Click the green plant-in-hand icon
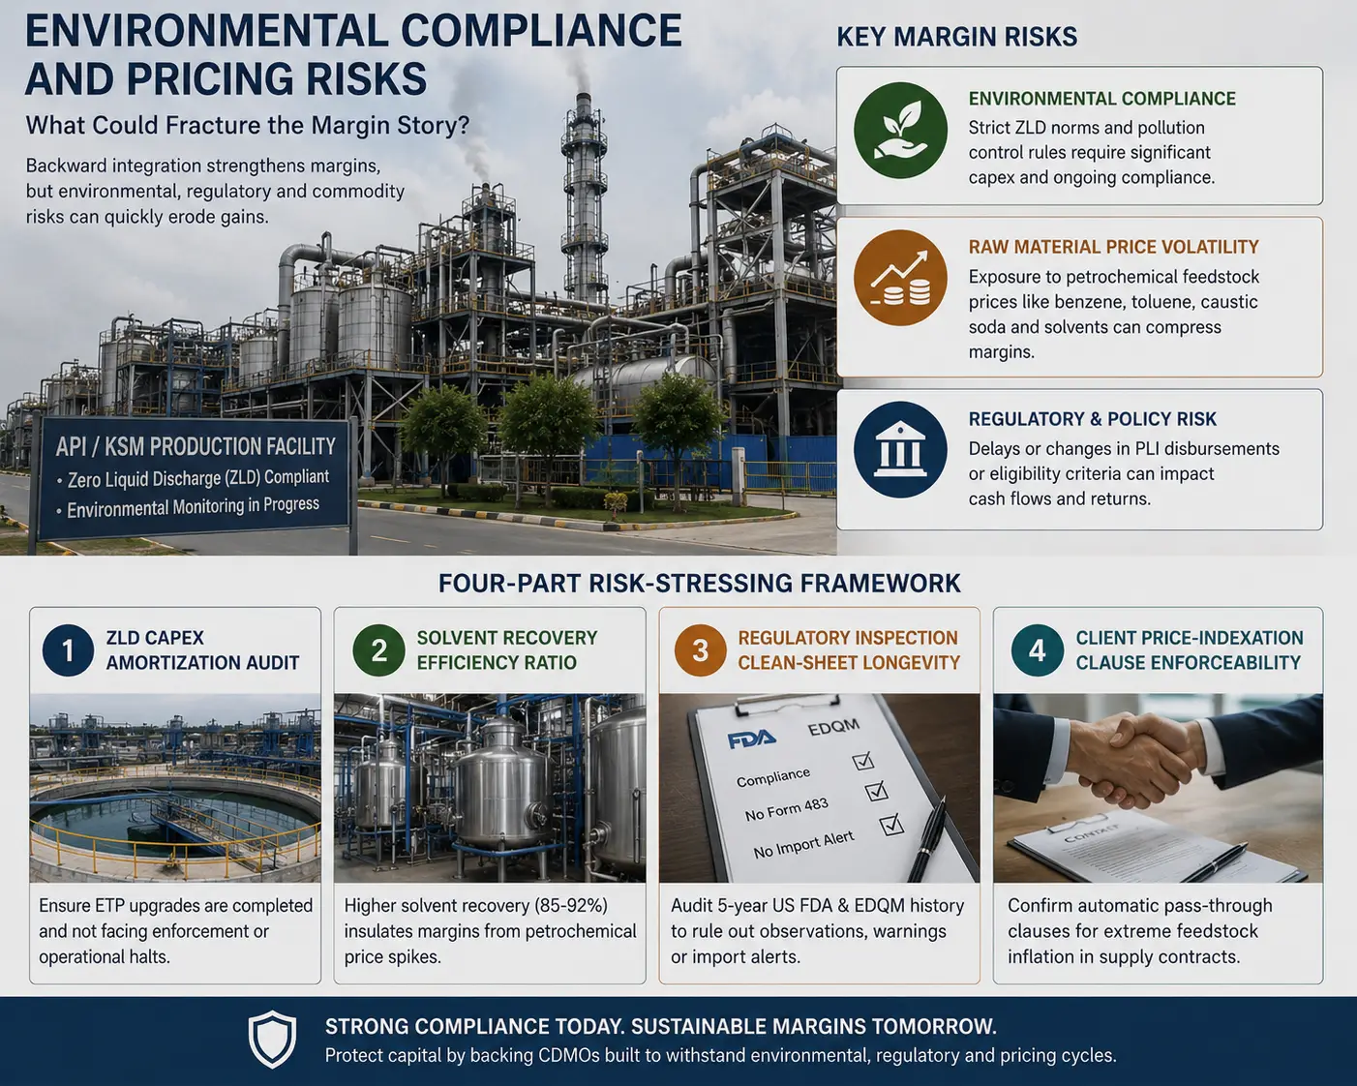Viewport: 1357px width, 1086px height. tap(900, 130)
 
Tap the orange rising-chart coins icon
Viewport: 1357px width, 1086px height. tap(900, 278)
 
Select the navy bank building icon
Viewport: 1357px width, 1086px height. tap(900, 450)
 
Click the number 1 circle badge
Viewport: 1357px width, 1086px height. tap(68, 650)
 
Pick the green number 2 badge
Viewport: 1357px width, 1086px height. tap(379, 650)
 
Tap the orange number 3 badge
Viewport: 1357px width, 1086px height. tap(700, 650)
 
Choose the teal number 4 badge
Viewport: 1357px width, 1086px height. tap(1038, 650)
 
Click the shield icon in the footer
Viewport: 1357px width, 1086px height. tap(272, 1039)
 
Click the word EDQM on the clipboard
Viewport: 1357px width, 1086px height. tap(833, 727)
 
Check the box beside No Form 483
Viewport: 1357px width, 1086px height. tap(877, 791)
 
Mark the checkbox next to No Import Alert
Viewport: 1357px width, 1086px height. tap(891, 825)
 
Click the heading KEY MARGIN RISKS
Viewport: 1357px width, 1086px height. tap(956, 37)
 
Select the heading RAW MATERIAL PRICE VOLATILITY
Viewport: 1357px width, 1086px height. tap(1114, 247)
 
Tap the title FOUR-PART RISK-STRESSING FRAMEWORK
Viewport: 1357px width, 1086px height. tap(699, 584)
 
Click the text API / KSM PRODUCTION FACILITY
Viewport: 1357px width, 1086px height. tap(196, 446)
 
